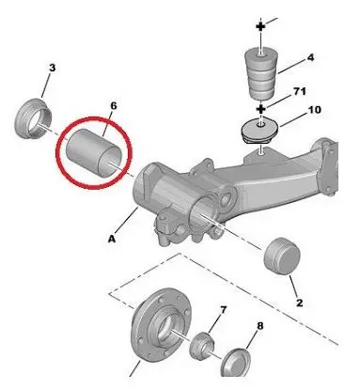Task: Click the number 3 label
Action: pos(52,68)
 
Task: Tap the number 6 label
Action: pos(114,106)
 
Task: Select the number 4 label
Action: pos(310,57)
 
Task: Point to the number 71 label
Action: pos(300,91)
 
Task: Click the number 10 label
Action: pos(315,110)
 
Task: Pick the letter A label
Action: pos(112,239)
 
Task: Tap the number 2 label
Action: pos(300,303)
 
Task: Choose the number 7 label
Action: pos(223,310)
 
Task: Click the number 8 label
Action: pos(260,326)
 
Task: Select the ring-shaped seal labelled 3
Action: pos(33,117)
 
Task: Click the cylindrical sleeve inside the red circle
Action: pos(94,153)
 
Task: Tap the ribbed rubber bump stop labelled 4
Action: pos(260,73)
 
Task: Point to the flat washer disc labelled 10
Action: pos(259,131)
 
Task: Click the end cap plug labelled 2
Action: pos(282,256)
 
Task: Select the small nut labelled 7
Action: pos(201,346)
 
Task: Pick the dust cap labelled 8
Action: pos(236,363)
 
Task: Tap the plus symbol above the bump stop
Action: pos(260,26)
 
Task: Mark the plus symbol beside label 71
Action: pos(261,109)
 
